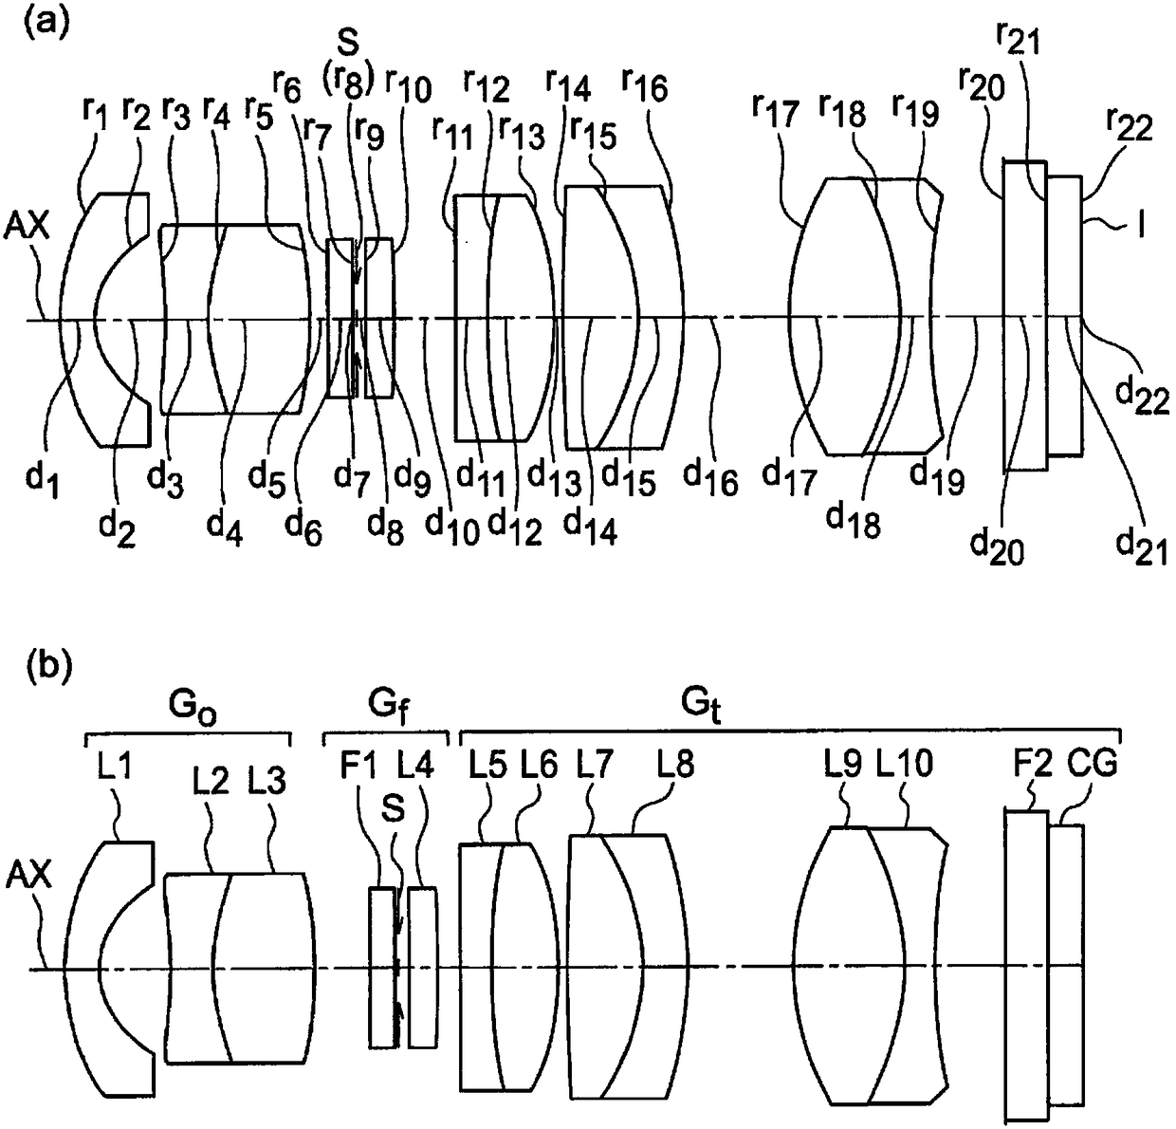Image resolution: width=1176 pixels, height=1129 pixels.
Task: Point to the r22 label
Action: [x=1130, y=126]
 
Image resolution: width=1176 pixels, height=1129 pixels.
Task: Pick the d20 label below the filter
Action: [x=997, y=547]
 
